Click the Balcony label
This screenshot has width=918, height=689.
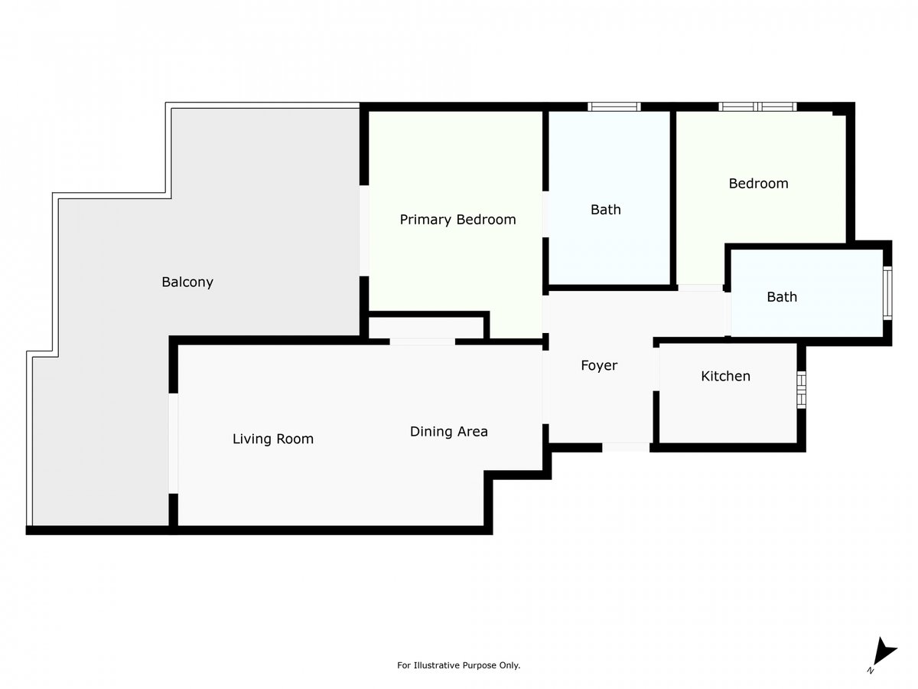[x=187, y=282]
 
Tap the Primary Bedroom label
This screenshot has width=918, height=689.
[x=457, y=220]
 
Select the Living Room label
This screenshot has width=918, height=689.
[x=272, y=439]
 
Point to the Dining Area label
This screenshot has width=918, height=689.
[x=449, y=431]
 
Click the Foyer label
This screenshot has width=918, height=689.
[x=599, y=366]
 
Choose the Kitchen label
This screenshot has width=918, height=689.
[x=726, y=376]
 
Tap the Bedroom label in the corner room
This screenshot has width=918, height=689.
[x=758, y=183]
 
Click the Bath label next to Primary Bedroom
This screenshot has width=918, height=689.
[x=606, y=209]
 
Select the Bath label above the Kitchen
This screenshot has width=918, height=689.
[x=782, y=296]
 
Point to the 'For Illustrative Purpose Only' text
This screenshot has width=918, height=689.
[x=458, y=665]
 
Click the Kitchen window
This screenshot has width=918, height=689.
[x=801, y=390]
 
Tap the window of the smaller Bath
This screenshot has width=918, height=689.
[x=887, y=293]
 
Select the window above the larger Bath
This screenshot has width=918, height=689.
[x=614, y=106]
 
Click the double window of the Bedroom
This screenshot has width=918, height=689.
[x=757, y=106]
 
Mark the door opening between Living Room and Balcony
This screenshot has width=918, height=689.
[x=173, y=443]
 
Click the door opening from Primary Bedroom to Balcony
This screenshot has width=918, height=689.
[x=364, y=230]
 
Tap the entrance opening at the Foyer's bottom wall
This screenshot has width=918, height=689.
[x=626, y=447]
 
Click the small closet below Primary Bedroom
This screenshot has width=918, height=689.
[x=426, y=328]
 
